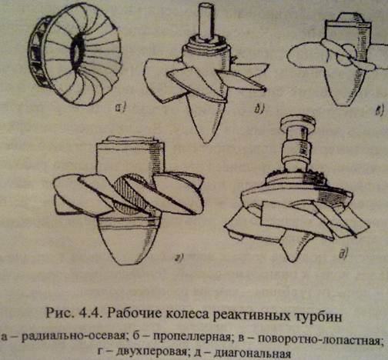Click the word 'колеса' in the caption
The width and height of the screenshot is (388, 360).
196,314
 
